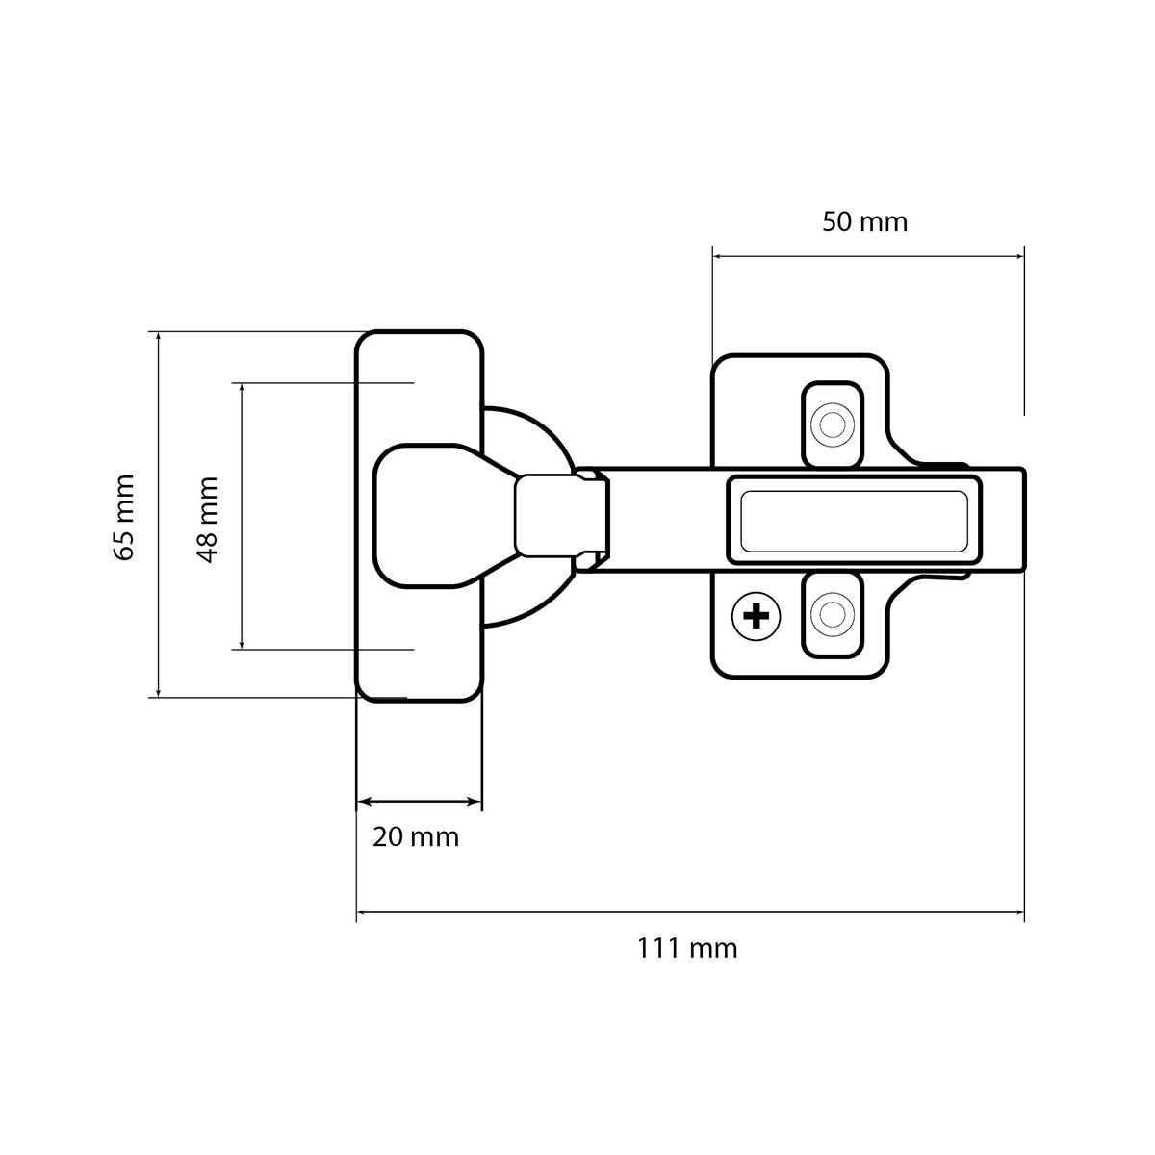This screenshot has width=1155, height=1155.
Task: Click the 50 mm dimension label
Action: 864,222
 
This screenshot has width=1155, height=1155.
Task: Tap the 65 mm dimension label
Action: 124,517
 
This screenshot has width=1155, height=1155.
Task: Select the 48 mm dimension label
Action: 207,520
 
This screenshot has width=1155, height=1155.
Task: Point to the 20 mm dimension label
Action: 416,837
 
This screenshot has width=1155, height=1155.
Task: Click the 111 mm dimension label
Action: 687,949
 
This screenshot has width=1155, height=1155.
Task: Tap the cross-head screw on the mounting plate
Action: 757,616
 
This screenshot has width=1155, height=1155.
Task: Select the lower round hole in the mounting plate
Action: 832,614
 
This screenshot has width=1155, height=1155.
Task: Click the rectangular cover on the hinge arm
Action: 854,521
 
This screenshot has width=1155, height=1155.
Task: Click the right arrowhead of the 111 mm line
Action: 1016,912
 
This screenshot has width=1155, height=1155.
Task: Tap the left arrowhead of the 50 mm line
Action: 720,257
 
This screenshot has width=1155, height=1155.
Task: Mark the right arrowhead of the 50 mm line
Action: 1016,257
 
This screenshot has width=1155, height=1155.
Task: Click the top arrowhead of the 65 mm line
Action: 158,339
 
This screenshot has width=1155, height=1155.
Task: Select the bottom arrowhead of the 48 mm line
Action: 242,642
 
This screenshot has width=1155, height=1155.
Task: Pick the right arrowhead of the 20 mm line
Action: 475,802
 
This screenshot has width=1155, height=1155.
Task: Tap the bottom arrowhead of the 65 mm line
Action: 158,690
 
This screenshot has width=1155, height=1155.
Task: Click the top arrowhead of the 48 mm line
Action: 242,390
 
